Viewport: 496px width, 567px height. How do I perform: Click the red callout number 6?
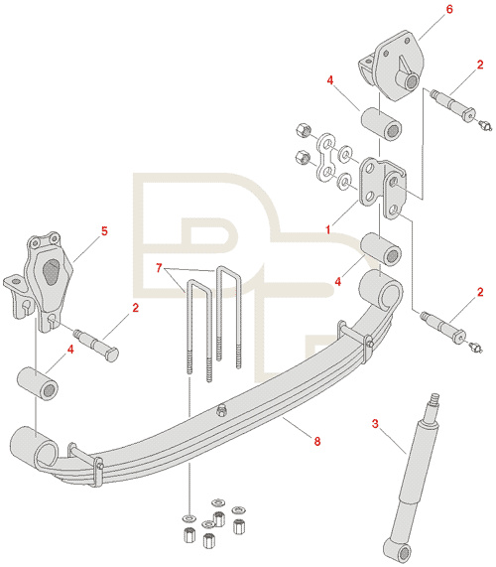coord(449,9)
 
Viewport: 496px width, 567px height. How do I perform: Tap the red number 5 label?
coord(104,230)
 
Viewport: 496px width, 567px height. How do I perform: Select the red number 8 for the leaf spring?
coord(317,441)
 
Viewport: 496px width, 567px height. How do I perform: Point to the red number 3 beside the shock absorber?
coord(375,423)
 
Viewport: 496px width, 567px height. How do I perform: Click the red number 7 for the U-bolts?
coord(159,268)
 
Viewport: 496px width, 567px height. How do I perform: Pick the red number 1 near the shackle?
coord(328,229)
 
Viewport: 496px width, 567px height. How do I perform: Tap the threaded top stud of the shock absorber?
coord(434,405)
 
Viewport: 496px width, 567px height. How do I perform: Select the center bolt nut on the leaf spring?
coord(221,411)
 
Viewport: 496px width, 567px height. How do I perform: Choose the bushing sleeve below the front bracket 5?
coord(38,383)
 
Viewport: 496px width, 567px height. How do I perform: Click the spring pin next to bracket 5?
coord(96,344)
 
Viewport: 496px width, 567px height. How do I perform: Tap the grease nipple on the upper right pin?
coord(485,126)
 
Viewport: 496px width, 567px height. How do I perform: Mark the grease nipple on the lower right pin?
coord(476,348)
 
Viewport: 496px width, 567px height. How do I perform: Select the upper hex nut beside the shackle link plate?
coord(302,130)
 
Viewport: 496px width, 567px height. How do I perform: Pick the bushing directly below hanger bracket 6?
coord(382,124)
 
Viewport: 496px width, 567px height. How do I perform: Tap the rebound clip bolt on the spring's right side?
coord(369,342)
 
